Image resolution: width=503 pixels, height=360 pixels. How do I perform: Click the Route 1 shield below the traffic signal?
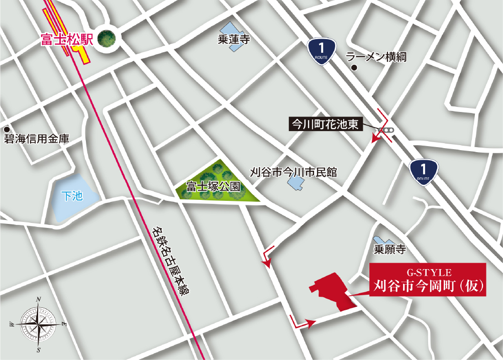point(423,172)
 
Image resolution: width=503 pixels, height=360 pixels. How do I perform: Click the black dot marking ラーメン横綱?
point(354,68)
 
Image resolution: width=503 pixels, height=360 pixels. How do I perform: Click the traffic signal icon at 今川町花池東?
point(386,131)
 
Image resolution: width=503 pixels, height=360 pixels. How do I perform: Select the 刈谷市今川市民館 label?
point(293,172)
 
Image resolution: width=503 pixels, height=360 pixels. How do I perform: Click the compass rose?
point(38,324)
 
